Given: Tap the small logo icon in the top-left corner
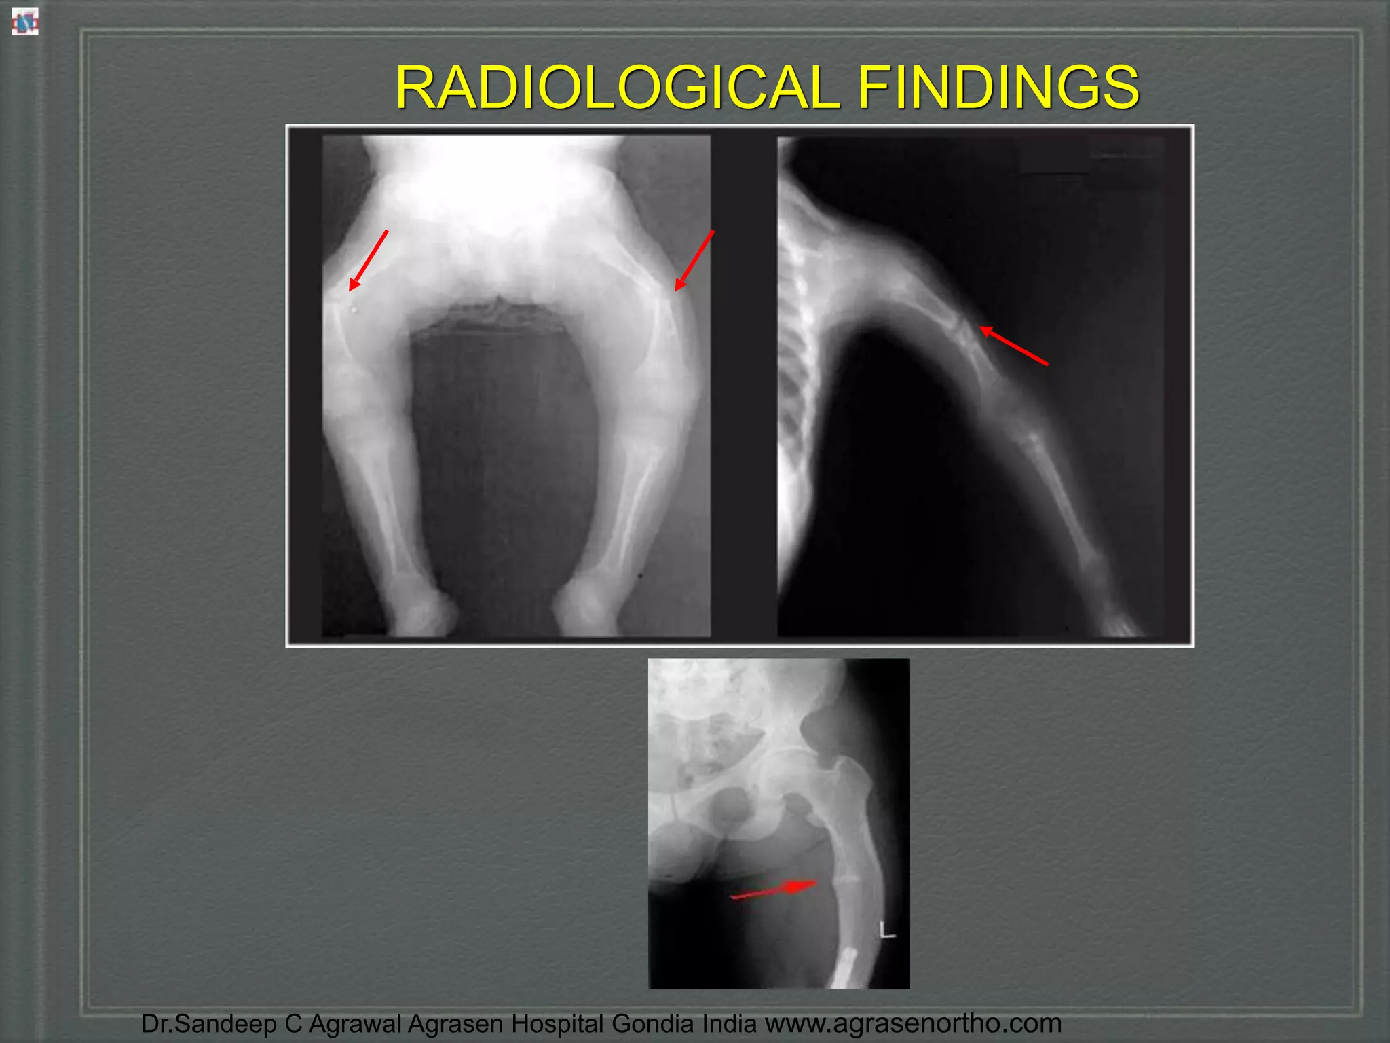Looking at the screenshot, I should coord(24,22).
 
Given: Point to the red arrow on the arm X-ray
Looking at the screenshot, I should coord(1014,346).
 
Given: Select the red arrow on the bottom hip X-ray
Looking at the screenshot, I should coord(774,890).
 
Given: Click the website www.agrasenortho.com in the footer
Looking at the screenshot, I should coord(913,1023).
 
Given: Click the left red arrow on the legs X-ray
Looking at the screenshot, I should coord(368,261).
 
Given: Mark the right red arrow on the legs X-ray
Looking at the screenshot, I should coord(694,261).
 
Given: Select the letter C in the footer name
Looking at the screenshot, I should coord(293,1023).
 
